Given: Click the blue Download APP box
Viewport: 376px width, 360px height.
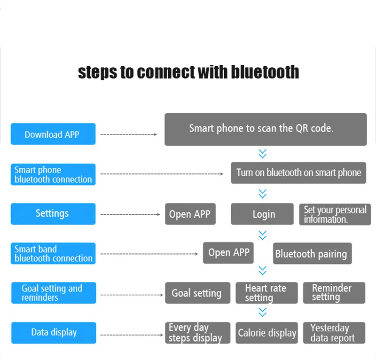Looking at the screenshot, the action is click(x=53, y=134).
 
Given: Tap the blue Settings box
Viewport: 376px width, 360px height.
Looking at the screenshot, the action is click(x=53, y=214).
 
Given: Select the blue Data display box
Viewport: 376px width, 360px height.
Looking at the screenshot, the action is click(x=54, y=333).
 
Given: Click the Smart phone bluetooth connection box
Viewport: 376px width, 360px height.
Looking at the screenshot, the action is click(x=53, y=174).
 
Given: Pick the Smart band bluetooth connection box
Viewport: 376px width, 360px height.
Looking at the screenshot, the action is click(x=53, y=253).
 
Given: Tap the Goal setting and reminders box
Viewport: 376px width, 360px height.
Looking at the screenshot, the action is click(x=54, y=293).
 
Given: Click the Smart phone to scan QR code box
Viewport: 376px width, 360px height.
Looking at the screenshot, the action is click(x=266, y=129).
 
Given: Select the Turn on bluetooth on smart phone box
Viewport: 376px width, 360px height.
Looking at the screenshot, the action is click(x=298, y=172).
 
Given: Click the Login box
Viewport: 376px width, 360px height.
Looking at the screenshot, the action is click(x=262, y=214).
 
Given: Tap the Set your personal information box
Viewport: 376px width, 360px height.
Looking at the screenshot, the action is click(x=335, y=214).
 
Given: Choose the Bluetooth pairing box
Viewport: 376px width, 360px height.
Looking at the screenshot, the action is click(x=312, y=253).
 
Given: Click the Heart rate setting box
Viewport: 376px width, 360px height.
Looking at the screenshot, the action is click(x=266, y=293).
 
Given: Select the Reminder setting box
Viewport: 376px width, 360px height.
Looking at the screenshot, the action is click(x=334, y=293).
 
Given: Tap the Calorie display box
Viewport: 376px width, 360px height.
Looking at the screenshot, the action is click(x=266, y=333).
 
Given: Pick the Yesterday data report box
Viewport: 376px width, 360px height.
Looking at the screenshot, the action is click(x=334, y=333).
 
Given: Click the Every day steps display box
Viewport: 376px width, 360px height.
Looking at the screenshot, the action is click(x=197, y=333).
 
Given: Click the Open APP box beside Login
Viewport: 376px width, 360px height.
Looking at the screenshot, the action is click(x=190, y=214).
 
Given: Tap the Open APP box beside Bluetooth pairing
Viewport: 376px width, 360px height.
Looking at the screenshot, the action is click(x=228, y=253).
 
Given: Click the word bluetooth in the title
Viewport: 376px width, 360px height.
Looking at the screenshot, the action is click(x=265, y=72).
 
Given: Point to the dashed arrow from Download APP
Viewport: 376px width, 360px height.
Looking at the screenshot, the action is click(x=128, y=134).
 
